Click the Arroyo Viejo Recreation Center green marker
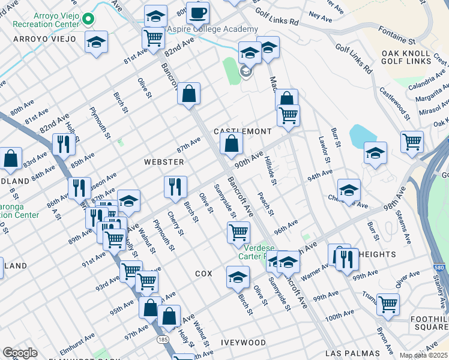point(88,19)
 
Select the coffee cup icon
point(197,13)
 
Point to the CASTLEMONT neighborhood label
point(243,131)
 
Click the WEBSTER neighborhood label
point(163,162)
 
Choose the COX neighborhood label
point(203,273)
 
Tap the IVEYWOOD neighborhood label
point(243,342)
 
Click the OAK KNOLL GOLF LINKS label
point(407,57)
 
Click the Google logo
point(20,353)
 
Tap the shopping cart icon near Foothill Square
point(388,304)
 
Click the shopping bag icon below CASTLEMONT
point(231,143)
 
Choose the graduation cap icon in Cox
point(238,277)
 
